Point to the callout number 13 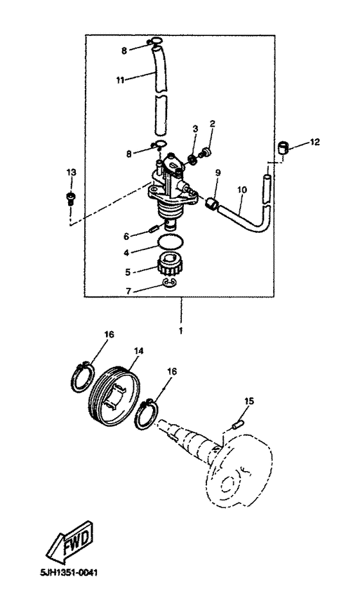(70, 172)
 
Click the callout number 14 (138, 351)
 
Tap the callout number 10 (241, 191)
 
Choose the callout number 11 (120, 79)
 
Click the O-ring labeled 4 (172, 244)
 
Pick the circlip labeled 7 (171, 283)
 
